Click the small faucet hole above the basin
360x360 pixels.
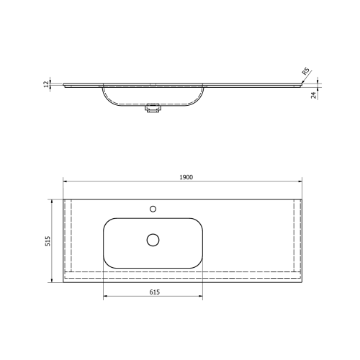click(153, 209)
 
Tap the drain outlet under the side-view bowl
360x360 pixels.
click(153, 109)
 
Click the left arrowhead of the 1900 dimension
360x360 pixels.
click(65, 181)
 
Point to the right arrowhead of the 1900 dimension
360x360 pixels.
click(309, 181)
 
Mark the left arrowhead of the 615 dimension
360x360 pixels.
click(106, 296)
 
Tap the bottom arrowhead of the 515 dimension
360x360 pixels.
click(53, 280)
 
